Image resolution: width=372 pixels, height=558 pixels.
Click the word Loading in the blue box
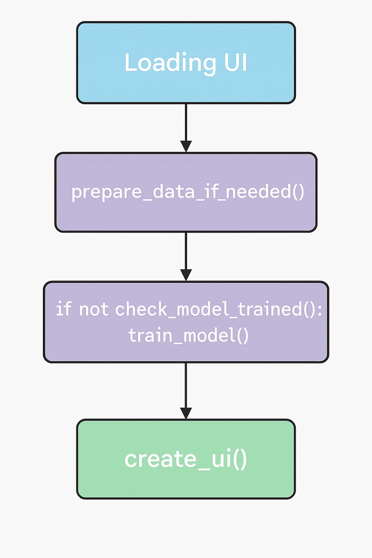[x=170, y=63]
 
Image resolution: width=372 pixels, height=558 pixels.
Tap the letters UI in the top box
[x=235, y=62]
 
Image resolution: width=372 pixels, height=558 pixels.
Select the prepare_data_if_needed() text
[x=187, y=191]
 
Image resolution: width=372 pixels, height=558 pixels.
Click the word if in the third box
[x=64, y=309]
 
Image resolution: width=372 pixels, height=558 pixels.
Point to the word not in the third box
[x=93, y=310]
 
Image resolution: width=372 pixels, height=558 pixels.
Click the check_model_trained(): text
[x=218, y=310]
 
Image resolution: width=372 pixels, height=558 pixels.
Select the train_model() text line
[x=188, y=335]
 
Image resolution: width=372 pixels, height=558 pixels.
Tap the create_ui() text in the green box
[x=186, y=459]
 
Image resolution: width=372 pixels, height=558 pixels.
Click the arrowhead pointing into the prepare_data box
[x=186, y=146]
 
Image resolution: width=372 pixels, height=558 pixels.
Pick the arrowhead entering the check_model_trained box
[x=186, y=275]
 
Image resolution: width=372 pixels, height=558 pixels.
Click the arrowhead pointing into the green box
[x=186, y=413]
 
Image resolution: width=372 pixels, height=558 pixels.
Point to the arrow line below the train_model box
[x=186, y=385]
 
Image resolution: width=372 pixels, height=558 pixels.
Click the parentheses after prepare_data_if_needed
[x=298, y=191]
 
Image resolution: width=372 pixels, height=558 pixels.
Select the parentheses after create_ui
[x=239, y=459]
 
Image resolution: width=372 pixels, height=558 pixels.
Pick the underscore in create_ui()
[x=204, y=468]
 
